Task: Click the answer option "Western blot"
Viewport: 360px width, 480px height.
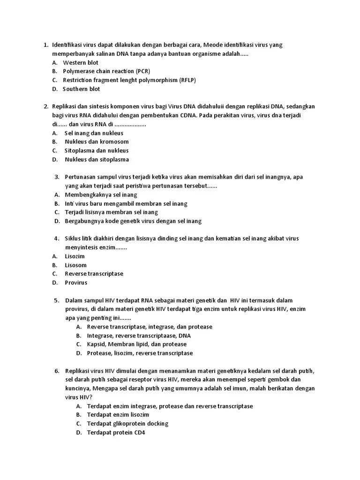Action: (x=81, y=62)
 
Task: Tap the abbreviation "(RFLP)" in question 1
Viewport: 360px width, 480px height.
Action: (x=187, y=80)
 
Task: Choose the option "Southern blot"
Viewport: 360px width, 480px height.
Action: (x=82, y=89)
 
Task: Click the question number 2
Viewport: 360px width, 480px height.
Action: (x=45, y=106)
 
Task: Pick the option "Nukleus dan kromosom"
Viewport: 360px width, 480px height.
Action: (x=97, y=142)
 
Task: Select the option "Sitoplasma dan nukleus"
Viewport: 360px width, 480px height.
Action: (x=97, y=150)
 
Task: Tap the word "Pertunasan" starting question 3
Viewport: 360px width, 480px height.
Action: (x=80, y=177)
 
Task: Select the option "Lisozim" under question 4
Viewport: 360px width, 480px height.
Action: (x=75, y=256)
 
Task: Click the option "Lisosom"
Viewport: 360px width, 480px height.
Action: (x=75, y=265)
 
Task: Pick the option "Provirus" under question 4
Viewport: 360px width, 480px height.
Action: (x=76, y=283)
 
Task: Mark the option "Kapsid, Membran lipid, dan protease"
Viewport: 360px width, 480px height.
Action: (x=136, y=345)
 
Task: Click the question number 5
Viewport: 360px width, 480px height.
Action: (x=56, y=300)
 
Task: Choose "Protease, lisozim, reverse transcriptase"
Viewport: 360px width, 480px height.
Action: (x=140, y=353)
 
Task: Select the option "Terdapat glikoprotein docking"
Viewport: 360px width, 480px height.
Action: (x=127, y=424)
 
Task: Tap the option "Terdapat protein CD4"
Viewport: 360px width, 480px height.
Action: (x=116, y=433)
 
